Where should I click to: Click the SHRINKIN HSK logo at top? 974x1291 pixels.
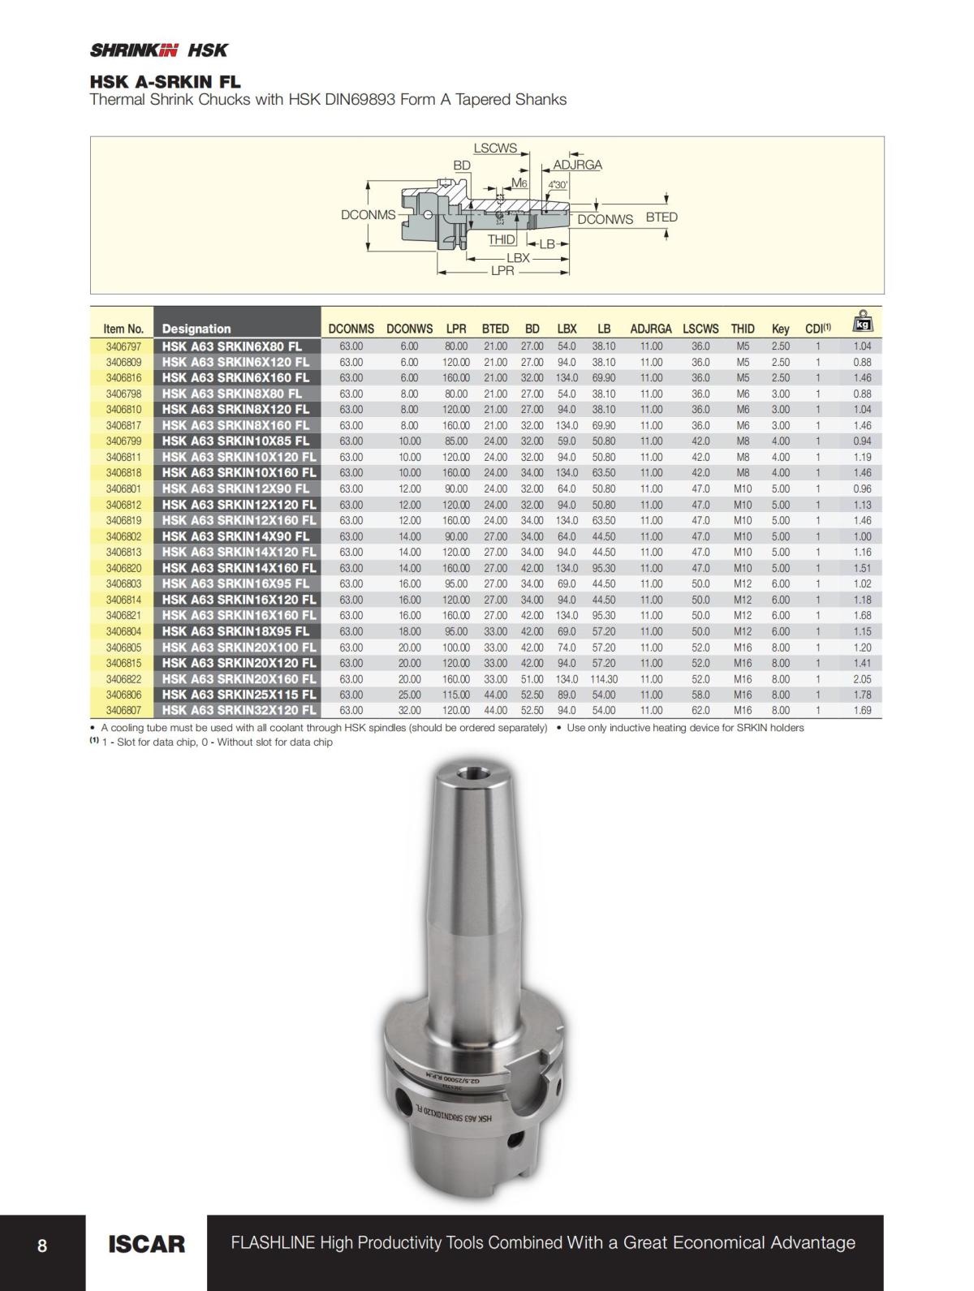point(159,50)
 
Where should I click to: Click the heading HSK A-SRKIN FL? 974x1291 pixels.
point(165,82)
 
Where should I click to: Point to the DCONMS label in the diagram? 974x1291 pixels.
point(368,215)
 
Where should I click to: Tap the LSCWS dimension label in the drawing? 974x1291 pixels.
point(495,148)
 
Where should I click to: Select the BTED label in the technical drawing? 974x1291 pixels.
point(662,217)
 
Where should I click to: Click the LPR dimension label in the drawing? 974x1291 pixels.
point(502,271)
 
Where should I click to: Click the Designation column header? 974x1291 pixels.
point(196,329)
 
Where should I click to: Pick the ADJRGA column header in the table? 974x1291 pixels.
point(651,329)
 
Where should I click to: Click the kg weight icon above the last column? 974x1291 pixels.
point(862,322)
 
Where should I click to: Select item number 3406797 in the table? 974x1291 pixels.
point(123,346)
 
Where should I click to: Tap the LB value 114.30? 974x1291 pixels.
point(603,678)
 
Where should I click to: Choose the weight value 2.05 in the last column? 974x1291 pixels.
point(862,678)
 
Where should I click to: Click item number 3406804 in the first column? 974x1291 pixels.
point(123,631)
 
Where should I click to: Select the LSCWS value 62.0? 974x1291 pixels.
point(700,710)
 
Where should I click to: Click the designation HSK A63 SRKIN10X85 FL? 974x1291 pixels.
point(235,441)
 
